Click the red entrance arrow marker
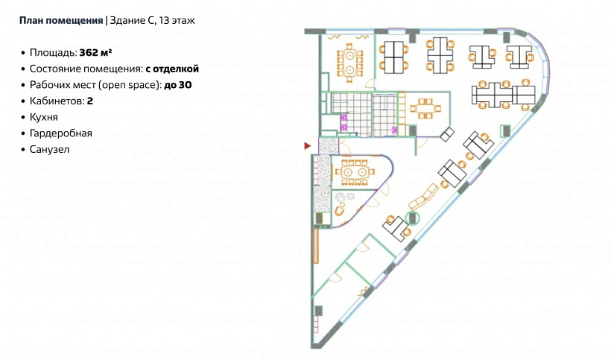308,146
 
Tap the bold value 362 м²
96,52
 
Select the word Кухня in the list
44,117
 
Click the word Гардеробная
61,133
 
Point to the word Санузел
49,149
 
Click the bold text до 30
178,84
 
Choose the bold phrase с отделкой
172,69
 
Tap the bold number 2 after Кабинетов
90,101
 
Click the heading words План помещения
61,21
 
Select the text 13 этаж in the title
177,21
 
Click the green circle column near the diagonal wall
412,218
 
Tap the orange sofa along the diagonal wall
423,197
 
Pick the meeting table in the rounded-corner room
354,172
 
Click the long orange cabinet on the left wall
316,246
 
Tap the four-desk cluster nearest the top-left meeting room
394,57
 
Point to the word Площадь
53,53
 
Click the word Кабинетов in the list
57,101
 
